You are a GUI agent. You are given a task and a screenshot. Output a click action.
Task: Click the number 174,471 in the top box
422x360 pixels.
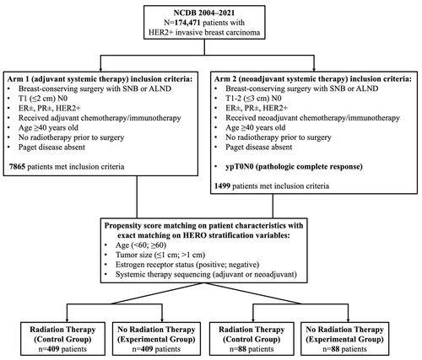coord(187,23)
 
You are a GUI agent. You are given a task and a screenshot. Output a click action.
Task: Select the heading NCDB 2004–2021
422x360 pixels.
coord(204,13)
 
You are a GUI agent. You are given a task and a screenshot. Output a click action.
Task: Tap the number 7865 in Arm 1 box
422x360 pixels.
coord(17,167)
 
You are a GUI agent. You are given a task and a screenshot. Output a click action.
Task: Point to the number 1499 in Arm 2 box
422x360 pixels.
coord(222,186)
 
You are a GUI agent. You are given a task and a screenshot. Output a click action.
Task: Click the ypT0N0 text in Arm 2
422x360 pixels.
coord(240,167)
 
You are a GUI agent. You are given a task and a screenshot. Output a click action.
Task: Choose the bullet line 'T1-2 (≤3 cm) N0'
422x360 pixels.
coord(253,99)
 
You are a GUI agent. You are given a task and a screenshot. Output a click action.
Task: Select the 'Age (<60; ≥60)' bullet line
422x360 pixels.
coord(141,245)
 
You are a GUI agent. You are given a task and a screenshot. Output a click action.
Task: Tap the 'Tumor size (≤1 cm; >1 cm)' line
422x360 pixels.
coord(160,255)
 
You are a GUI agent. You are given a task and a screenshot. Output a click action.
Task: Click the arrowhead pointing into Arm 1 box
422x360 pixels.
coord(100,70)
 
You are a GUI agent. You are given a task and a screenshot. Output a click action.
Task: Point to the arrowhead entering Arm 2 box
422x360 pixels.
coord(314,70)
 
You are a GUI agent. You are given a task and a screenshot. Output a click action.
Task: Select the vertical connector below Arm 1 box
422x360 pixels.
coord(137,197)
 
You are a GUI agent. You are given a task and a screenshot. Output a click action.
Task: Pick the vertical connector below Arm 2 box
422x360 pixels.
coord(273,206)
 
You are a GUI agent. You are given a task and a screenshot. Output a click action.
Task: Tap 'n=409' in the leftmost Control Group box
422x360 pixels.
coord(48,349)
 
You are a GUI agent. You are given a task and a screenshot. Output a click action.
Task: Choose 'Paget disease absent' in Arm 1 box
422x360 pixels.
coord(51,148)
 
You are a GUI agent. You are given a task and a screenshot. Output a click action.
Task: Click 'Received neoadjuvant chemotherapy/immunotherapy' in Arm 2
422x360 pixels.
coord(312,118)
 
